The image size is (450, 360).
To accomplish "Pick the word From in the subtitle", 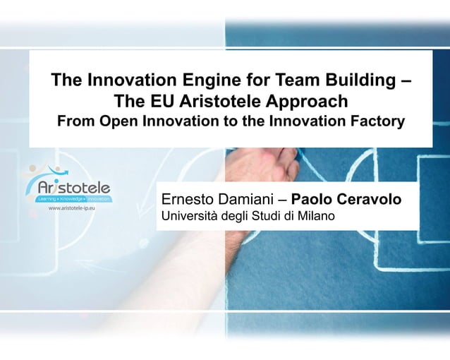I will pyautogui.click(x=75, y=121).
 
